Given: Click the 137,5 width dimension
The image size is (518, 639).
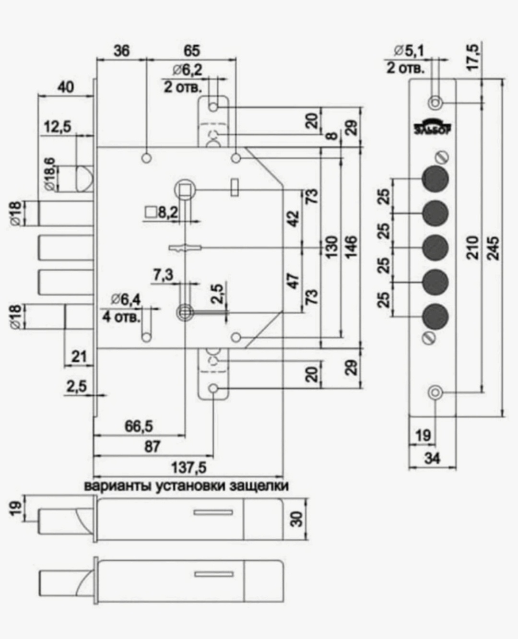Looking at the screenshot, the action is [188, 467].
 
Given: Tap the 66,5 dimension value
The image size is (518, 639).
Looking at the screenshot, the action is [139, 426].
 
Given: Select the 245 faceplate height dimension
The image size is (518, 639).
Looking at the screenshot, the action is [494, 248].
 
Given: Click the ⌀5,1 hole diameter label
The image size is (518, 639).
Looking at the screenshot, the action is [409, 51].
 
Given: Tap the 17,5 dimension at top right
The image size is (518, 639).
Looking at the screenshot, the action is [473, 57].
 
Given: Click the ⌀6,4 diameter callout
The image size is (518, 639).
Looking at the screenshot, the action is [126, 299].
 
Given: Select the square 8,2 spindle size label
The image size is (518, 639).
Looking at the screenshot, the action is [162, 213].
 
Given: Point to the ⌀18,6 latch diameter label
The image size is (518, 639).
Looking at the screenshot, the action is [50, 174].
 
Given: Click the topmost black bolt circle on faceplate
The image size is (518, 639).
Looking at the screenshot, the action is [435, 179].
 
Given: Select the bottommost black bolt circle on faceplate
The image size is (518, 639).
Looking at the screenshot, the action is [435, 317].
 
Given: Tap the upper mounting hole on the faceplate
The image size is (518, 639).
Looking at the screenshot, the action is [436, 103].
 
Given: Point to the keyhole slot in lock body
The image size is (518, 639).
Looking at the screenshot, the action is [185, 248].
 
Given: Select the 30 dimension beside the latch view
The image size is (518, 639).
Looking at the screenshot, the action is [297, 519].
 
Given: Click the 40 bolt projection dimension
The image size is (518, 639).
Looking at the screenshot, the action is [65, 87].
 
